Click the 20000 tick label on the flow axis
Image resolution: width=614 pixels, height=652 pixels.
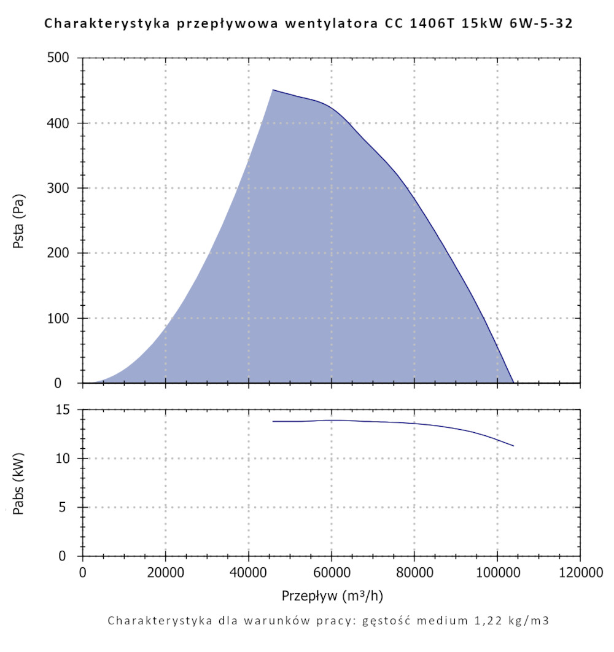tap(165, 573)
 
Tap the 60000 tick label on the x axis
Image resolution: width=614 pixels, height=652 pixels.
tap(332, 573)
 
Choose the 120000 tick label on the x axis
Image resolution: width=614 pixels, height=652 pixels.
tap(580, 573)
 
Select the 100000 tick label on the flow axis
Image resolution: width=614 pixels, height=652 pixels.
tap(497, 573)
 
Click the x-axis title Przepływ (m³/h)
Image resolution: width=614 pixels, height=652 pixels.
tap(332, 596)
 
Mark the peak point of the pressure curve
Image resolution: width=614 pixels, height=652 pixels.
tap(273, 90)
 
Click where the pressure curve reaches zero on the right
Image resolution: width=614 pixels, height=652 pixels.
tap(513, 382)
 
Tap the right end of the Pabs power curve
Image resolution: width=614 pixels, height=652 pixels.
tap(513, 446)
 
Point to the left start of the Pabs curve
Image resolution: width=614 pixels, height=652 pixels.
tap(273, 421)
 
